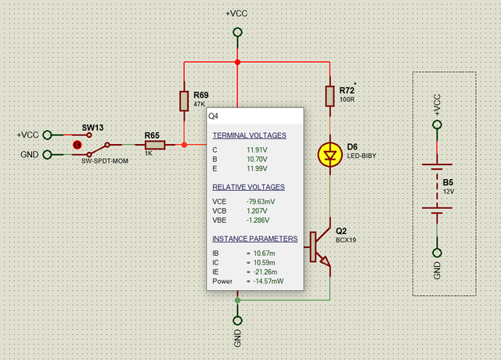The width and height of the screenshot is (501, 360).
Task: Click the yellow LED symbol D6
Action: coord(330,155)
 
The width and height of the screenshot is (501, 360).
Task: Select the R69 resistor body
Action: coord(184,101)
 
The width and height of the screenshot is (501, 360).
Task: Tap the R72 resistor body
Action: coord(330,95)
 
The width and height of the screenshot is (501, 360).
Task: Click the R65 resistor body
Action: coord(155,145)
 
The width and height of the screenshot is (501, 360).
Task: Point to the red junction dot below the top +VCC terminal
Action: coord(237,62)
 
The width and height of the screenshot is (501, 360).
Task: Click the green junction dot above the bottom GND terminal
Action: coord(237,301)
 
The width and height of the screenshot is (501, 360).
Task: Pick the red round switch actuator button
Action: coord(77,145)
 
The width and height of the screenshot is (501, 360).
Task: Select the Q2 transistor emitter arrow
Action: coord(326,261)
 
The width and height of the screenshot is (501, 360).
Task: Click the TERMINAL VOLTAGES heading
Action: coord(249,135)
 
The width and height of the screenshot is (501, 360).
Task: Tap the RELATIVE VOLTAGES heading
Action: coord(249,187)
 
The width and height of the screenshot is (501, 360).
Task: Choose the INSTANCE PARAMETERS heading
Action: coord(255,239)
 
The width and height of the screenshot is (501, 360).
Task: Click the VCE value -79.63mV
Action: coord(261,202)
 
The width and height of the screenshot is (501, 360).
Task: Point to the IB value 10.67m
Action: coord(265,254)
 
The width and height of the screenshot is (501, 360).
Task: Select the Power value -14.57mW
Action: coord(269,282)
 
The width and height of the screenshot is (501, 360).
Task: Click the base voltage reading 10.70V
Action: coord(257,159)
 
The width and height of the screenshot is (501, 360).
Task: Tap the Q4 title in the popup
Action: coord(213,116)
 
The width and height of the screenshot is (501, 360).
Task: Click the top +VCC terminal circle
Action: coord(237,32)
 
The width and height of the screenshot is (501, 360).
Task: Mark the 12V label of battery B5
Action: coord(449,191)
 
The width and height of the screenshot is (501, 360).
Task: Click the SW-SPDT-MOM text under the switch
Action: coord(105,161)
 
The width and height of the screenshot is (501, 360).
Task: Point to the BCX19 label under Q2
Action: coord(346,240)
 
